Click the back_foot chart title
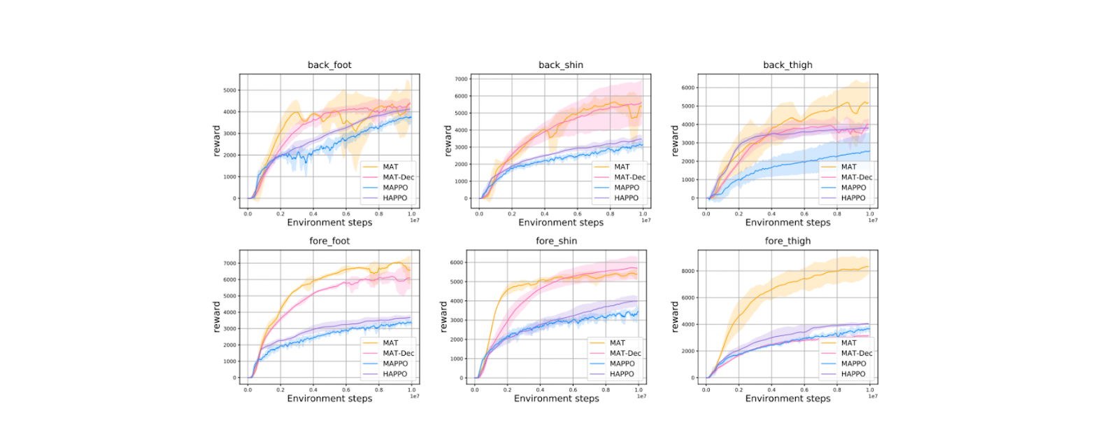pyautogui.click(x=329, y=65)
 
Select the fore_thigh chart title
pyautogui.click(x=787, y=241)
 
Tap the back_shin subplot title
pyautogui.click(x=560, y=65)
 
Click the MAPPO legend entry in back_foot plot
pyautogui.click(x=395, y=188)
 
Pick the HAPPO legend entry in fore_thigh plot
pyautogui.click(x=853, y=374)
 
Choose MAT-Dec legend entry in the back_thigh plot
pyautogui.click(x=857, y=177)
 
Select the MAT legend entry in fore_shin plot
pyautogui.click(x=618, y=343)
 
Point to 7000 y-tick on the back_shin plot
pyautogui.click(x=461, y=79)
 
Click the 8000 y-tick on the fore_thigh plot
pyautogui.click(x=688, y=271)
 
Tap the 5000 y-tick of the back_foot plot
pyautogui.click(x=230, y=90)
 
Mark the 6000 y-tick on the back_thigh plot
pyautogui.click(x=688, y=88)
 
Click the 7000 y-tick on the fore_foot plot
pyautogui.click(x=230, y=264)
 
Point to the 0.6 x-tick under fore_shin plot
pyautogui.click(x=573, y=390)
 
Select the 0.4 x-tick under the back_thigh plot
pyautogui.click(x=771, y=214)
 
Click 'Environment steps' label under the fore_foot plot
pyautogui.click(x=329, y=398)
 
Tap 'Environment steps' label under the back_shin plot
pyautogui.click(x=560, y=223)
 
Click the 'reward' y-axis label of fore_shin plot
pyautogui.click(x=443, y=317)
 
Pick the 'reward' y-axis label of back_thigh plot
pyautogui.click(x=675, y=141)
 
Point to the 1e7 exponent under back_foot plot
pyautogui.click(x=415, y=221)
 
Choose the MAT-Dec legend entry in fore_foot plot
pyautogui.click(x=399, y=354)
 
